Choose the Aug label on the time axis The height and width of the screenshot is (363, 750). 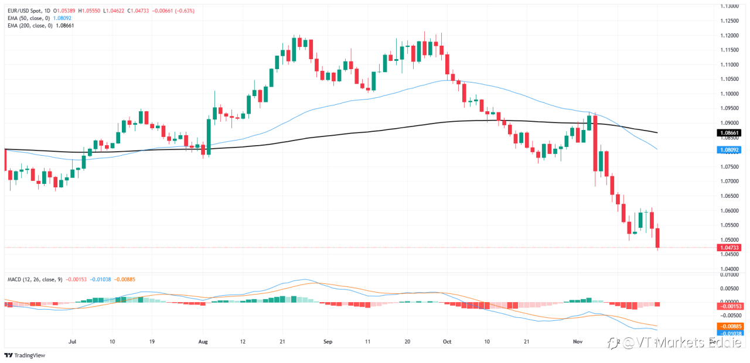pyautogui.click(x=203, y=340)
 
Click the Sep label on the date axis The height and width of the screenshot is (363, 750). pyautogui.click(x=328, y=340)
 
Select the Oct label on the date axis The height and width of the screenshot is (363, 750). pyautogui.click(x=447, y=340)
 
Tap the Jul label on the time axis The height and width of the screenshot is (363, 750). pyautogui.click(x=73, y=340)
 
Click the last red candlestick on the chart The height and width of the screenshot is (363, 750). pyautogui.click(x=657, y=238)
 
